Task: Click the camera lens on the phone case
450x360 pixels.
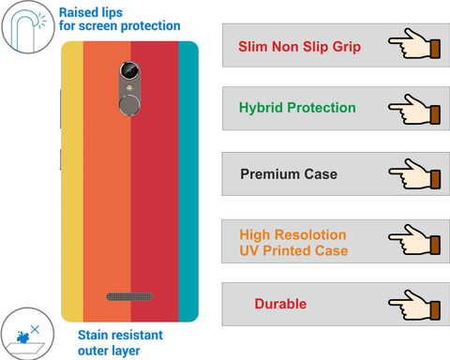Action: (x=129, y=70)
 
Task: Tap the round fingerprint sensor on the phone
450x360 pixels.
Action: (x=129, y=105)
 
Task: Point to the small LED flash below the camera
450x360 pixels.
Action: (x=129, y=88)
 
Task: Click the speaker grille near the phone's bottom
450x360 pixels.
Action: (x=129, y=296)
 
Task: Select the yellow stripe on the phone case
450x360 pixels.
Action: (x=72, y=181)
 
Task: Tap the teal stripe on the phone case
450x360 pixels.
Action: (x=188, y=181)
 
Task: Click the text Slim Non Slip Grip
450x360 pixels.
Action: (x=299, y=47)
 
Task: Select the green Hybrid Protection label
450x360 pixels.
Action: (x=297, y=108)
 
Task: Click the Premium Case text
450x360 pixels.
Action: (x=289, y=174)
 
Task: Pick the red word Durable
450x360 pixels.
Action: (x=280, y=304)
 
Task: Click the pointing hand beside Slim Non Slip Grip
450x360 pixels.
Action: (x=414, y=43)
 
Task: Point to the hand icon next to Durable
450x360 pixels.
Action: (x=414, y=305)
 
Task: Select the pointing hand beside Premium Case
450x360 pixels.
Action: (x=414, y=173)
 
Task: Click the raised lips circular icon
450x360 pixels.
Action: (x=28, y=27)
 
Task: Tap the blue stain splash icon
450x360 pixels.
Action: (x=22, y=337)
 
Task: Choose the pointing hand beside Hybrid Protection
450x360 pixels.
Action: (x=414, y=109)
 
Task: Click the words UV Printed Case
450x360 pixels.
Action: (x=293, y=250)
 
